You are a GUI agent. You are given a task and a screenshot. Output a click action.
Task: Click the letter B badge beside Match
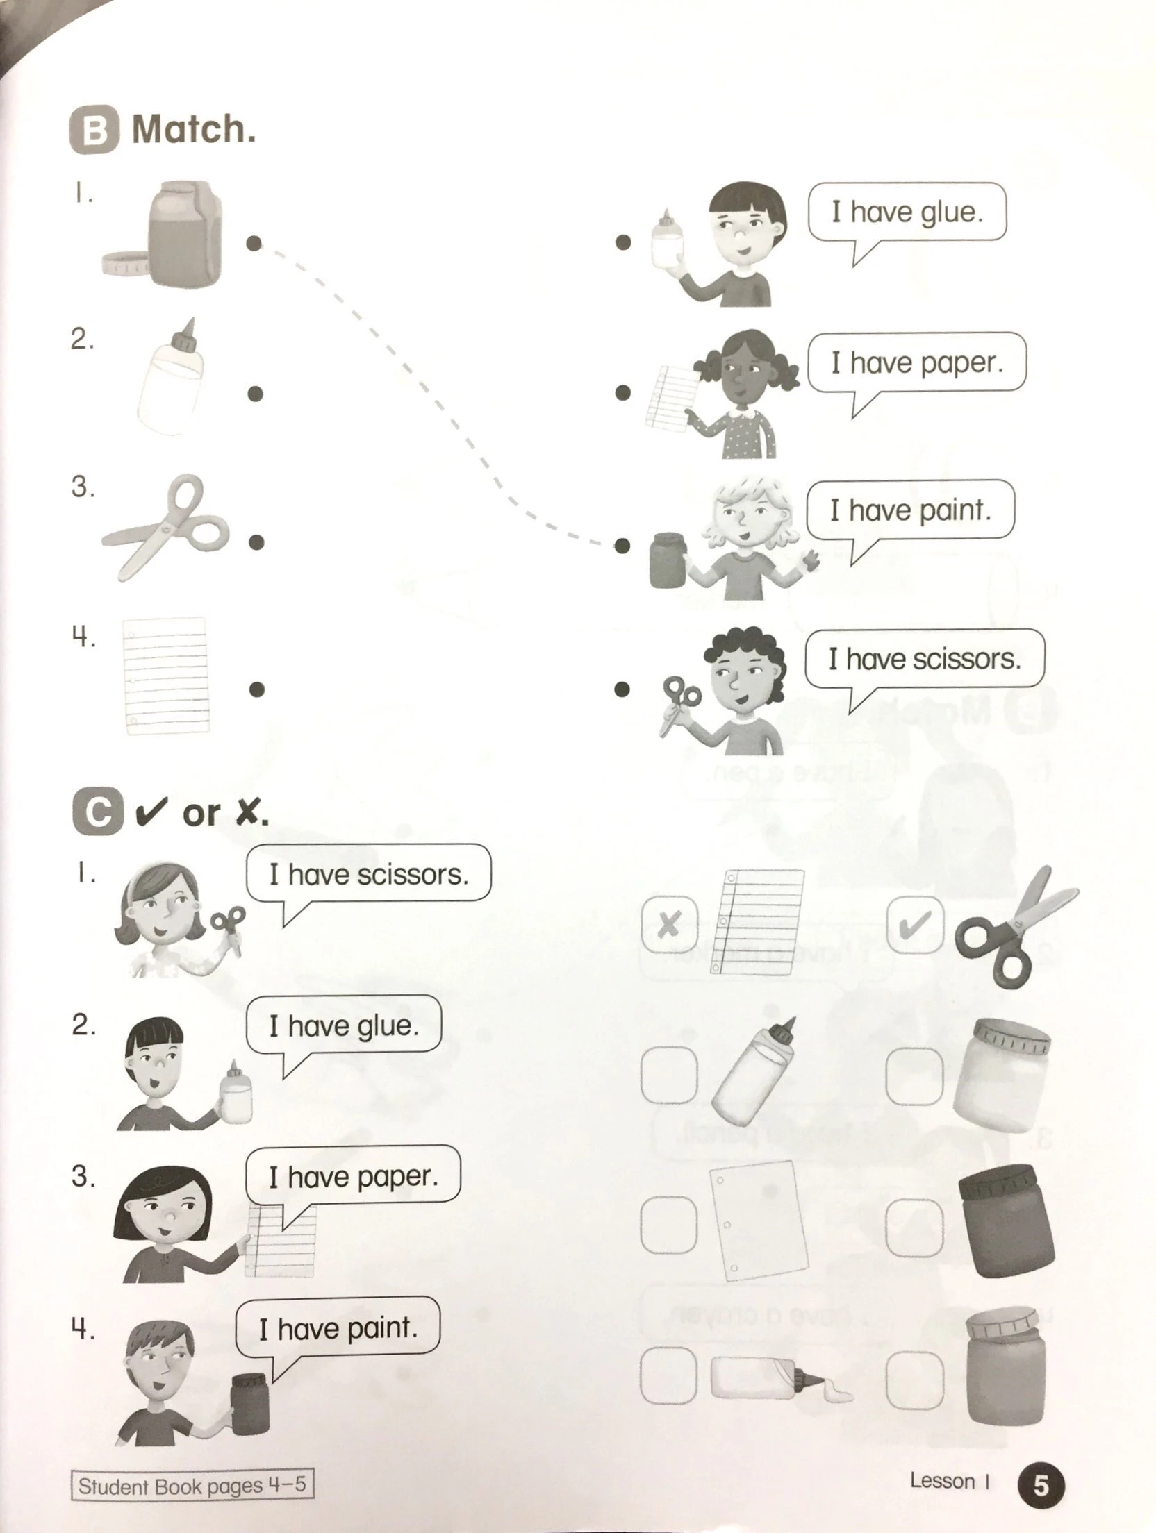point(95,130)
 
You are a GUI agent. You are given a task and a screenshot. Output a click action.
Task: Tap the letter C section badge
point(97,810)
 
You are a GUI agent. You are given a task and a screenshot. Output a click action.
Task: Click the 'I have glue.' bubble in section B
point(907,212)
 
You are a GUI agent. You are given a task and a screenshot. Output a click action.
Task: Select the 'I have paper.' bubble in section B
point(916,362)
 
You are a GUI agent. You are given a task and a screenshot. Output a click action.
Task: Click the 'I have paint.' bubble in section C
point(338,1328)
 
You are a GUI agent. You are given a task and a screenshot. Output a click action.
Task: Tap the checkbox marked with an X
point(669,925)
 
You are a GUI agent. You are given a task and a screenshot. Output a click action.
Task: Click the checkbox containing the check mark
point(915,925)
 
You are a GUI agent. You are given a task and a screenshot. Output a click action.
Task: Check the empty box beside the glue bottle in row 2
point(669,1075)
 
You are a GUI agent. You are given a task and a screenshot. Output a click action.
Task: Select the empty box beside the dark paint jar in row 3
point(915,1228)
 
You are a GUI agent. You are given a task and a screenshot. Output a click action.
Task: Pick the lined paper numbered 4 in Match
point(166,675)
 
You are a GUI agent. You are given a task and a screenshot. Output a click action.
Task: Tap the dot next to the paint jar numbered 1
point(254,243)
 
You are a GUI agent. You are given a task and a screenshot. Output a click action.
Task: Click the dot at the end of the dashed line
point(622,546)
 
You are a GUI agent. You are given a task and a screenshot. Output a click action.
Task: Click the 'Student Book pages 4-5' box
point(191,1484)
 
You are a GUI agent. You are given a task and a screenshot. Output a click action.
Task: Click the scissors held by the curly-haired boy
point(677,703)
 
